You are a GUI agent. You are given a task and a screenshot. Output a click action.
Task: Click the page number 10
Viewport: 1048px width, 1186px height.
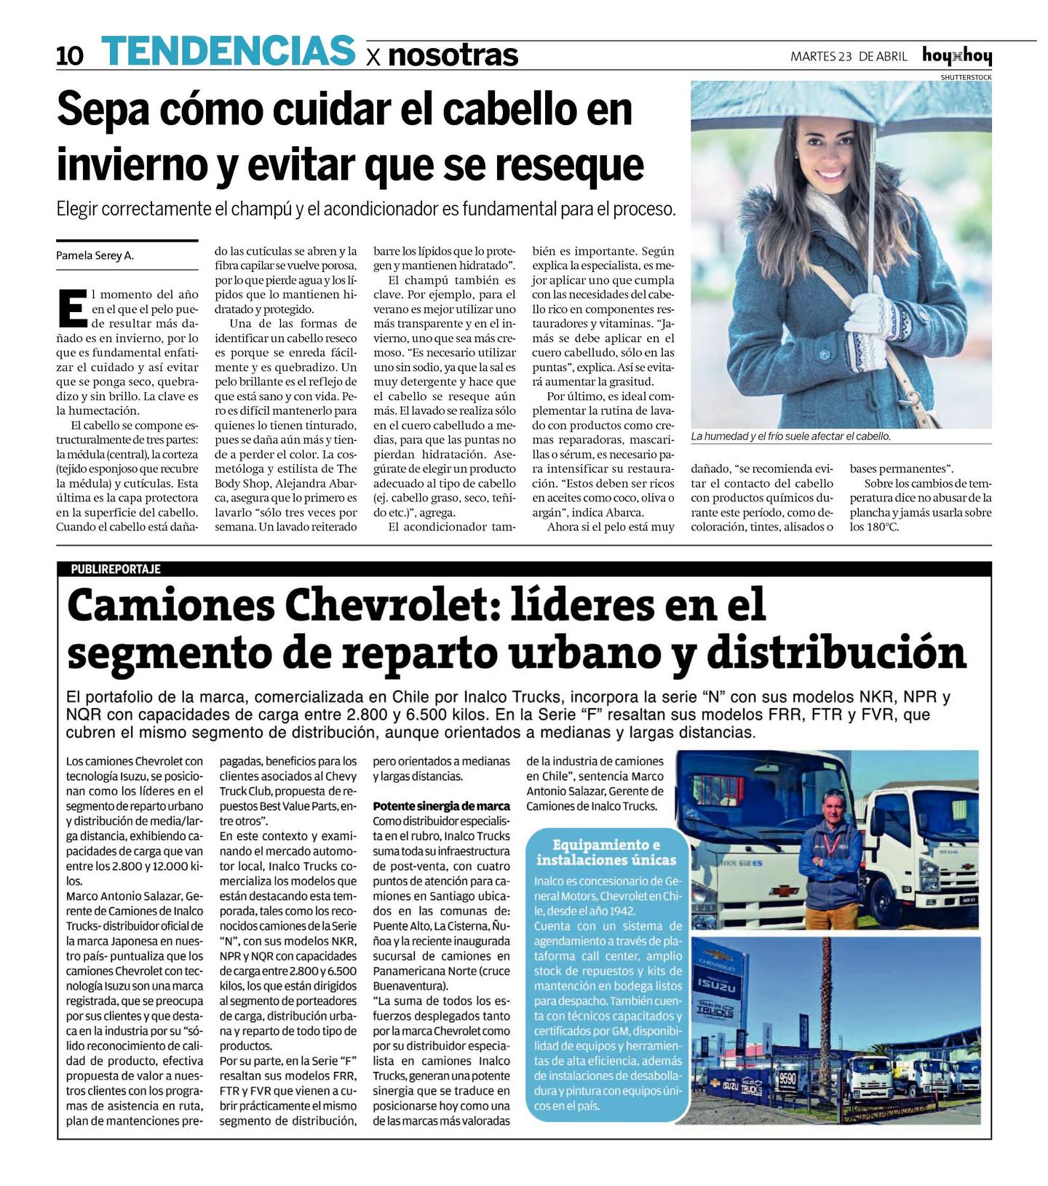(x=70, y=56)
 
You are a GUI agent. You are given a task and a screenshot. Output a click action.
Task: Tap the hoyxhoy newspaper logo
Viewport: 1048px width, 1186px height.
(x=956, y=56)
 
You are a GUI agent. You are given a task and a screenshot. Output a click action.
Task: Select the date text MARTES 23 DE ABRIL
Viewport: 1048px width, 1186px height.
(x=849, y=57)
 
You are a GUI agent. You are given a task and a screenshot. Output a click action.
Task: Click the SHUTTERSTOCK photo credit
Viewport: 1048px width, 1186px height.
(x=965, y=76)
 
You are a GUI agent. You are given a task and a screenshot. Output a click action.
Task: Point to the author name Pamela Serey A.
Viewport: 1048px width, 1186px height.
(x=95, y=255)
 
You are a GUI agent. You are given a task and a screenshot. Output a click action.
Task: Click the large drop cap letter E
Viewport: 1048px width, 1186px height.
(x=71, y=308)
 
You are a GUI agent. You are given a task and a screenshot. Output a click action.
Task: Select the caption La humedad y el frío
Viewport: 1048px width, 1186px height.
(x=790, y=436)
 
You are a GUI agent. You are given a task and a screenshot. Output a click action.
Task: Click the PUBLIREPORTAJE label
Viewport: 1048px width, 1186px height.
(x=116, y=569)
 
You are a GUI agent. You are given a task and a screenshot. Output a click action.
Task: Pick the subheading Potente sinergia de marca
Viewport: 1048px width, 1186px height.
(x=441, y=806)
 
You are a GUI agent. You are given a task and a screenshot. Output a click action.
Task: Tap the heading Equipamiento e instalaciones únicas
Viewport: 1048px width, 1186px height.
(x=606, y=852)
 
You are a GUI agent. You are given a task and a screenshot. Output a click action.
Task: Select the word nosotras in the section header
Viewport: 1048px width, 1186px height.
(x=453, y=55)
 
